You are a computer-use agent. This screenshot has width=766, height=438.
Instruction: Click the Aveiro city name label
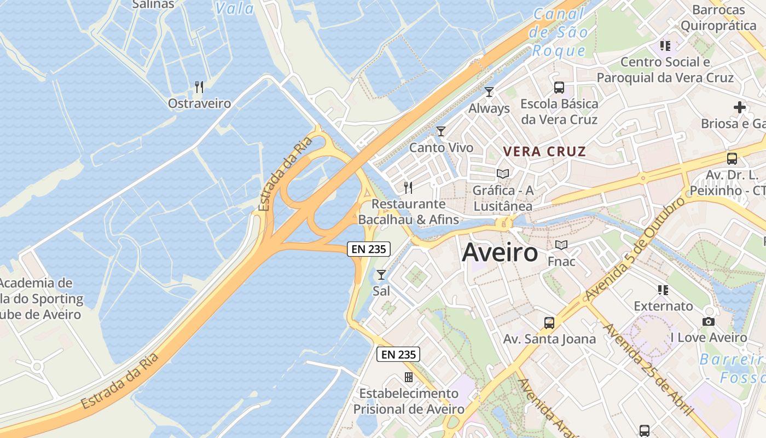(500, 253)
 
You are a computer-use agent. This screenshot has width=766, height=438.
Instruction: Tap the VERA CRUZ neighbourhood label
(544, 152)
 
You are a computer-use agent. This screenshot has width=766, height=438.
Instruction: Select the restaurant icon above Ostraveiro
(199, 87)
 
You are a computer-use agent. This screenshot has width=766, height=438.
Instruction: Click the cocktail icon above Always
(489, 92)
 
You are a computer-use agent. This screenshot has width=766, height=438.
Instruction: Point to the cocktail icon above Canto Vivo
(441, 131)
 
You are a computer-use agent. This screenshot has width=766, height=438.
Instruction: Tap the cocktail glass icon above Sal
(381, 274)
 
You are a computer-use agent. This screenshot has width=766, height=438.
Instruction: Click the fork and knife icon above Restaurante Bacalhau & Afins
(408, 188)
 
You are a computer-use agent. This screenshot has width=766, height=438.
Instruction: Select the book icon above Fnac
(561, 245)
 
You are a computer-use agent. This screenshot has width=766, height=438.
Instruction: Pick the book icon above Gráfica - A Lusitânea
(503, 174)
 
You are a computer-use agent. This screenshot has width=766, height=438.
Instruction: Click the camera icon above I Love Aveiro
(709, 321)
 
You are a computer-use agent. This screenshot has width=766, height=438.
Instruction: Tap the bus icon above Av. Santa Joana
(549, 322)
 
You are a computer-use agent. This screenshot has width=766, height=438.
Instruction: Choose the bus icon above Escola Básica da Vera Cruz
(559, 87)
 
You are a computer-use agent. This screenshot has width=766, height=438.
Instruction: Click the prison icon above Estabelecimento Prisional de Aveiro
(408, 377)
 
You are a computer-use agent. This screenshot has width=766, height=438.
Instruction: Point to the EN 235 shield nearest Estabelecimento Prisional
(399, 355)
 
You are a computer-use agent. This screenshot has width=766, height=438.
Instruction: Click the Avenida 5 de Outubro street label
(635, 249)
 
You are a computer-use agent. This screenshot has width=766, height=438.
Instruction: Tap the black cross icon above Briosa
(740, 107)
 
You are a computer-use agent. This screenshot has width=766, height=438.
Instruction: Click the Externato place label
(663, 306)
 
